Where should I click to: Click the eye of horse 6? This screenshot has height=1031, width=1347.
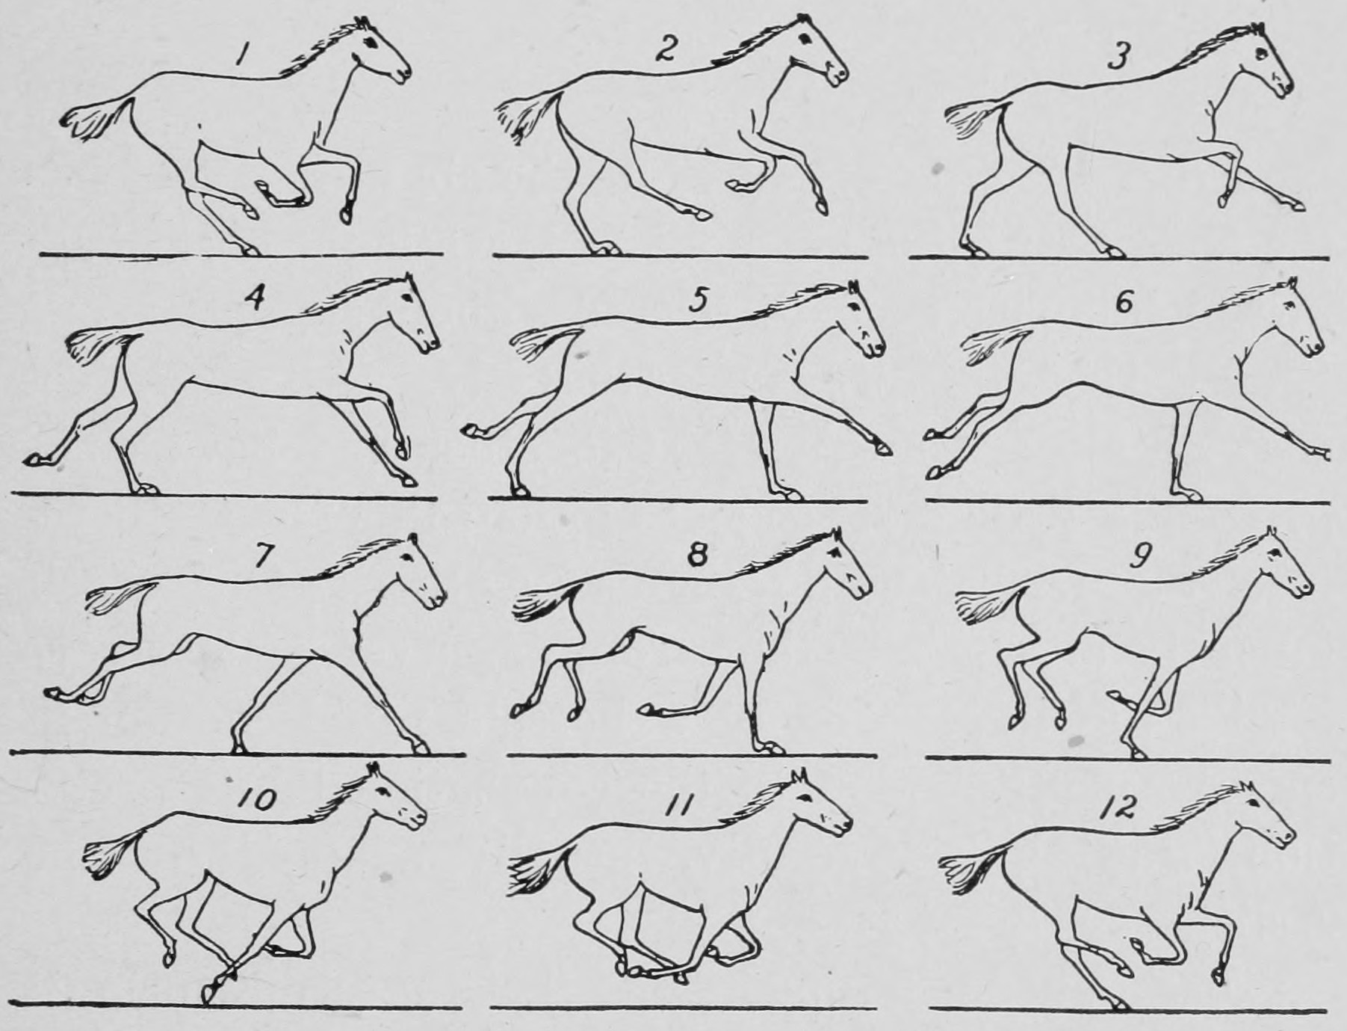pyautogui.click(x=1287, y=308)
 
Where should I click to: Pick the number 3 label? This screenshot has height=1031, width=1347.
pyautogui.click(x=1118, y=56)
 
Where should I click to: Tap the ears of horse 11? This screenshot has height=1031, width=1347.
pyautogui.click(x=799, y=775)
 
